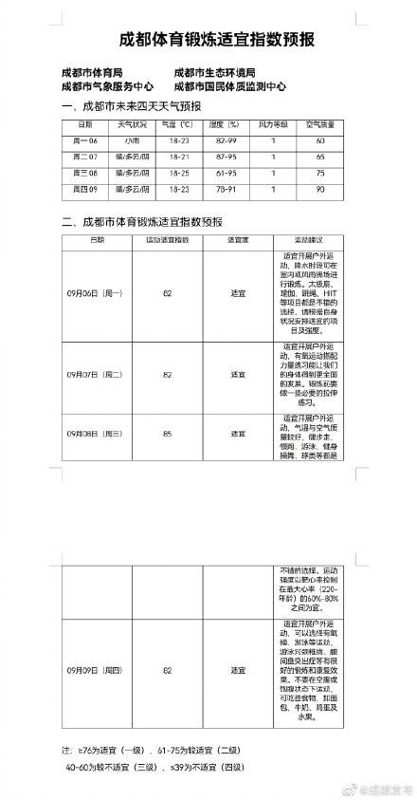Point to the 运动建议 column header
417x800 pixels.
point(308,241)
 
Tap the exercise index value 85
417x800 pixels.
point(168,433)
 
